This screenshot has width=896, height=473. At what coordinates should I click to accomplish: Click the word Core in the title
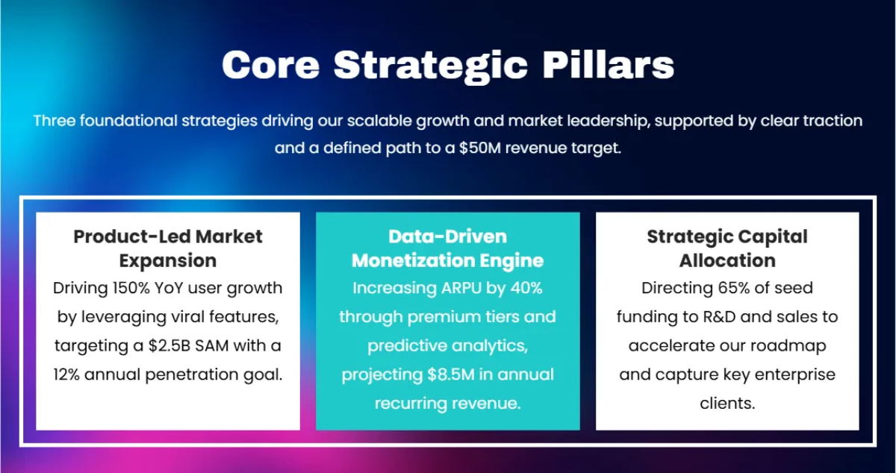(271, 65)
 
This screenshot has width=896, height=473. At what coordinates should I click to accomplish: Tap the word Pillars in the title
(608, 64)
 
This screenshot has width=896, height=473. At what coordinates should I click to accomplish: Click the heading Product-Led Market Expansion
(168, 248)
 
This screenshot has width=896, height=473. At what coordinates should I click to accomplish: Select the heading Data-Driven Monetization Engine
(447, 248)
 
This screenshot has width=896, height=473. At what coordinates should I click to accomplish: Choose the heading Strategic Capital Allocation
(727, 248)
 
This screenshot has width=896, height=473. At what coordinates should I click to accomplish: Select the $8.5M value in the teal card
(451, 375)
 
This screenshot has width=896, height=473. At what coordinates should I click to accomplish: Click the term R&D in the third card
(719, 317)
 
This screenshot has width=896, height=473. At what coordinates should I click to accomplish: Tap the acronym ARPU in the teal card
(461, 288)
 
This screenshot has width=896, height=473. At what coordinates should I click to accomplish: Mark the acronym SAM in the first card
(211, 346)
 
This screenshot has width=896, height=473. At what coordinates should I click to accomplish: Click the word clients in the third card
(727, 403)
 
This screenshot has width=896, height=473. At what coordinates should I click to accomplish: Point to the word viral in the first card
(187, 316)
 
